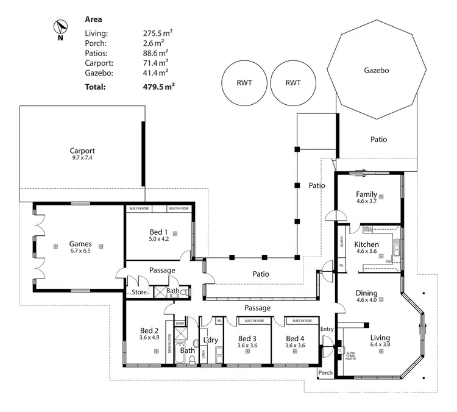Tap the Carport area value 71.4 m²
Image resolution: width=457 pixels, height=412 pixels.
pyautogui.click(x=155, y=63)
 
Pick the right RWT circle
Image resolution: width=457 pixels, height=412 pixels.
pyautogui.click(x=293, y=83)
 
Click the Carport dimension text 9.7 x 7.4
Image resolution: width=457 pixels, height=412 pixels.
pyautogui.click(x=82, y=158)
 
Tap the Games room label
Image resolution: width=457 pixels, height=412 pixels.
pyautogui.click(x=80, y=243)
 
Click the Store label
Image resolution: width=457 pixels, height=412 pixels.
pyautogui.click(x=140, y=292)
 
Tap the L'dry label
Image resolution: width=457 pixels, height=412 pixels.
pyautogui.click(x=210, y=339)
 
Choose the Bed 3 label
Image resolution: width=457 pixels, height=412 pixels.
pyautogui.click(x=247, y=338)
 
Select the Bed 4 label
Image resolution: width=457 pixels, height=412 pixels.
pyautogui.click(x=294, y=338)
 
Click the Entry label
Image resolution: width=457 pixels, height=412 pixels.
pyautogui.click(x=327, y=329)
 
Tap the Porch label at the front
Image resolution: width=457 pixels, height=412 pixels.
pyautogui.click(x=325, y=372)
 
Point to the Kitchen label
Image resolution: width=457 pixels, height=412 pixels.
pyautogui.click(x=367, y=244)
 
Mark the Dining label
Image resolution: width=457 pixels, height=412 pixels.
pyautogui.click(x=366, y=293)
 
